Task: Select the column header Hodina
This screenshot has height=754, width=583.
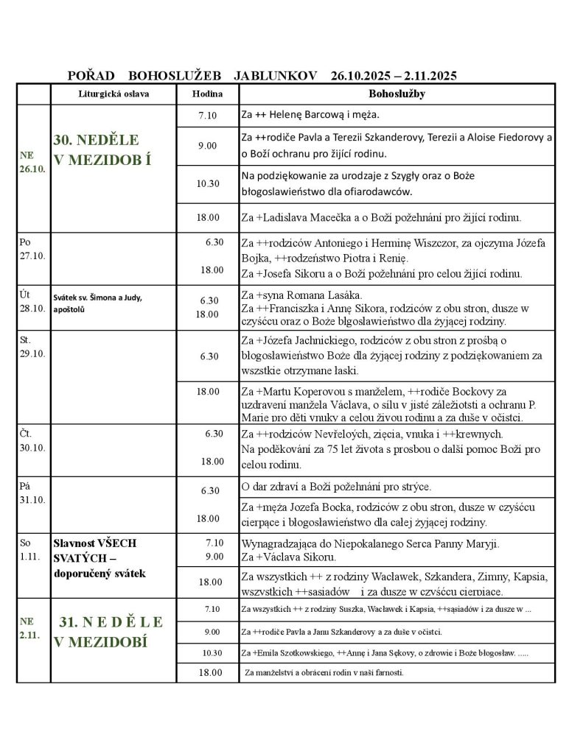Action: pyautogui.click(x=207, y=95)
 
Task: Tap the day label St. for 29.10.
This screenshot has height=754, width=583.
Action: pyautogui.click(x=27, y=342)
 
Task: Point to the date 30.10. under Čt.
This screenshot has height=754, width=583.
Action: pyautogui.click(x=32, y=446)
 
